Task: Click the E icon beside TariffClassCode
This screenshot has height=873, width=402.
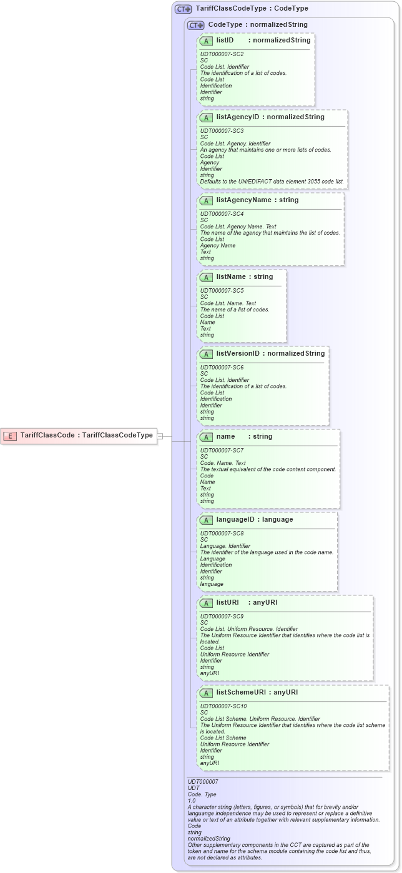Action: pos(10,436)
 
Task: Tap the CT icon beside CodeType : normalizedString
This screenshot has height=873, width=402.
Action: pos(195,25)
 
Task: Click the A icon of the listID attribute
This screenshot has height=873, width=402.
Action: pos(206,41)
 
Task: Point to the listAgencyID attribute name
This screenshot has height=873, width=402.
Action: pos(237,117)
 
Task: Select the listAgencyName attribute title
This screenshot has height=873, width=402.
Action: pos(248,200)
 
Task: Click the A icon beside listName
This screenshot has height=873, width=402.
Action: pos(206,277)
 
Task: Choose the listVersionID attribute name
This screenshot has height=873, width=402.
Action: pos(238,354)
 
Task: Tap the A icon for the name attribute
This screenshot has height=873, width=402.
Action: pos(206,437)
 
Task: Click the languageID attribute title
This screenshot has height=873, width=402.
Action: pos(237,519)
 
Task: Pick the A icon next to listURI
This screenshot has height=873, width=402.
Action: pos(206,603)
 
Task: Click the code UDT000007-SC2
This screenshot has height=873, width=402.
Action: pos(222,54)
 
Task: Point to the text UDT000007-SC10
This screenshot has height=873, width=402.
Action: pos(223,706)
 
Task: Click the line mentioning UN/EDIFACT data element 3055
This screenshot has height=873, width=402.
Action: pos(272,182)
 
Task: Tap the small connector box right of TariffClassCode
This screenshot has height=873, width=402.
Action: pos(160,436)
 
